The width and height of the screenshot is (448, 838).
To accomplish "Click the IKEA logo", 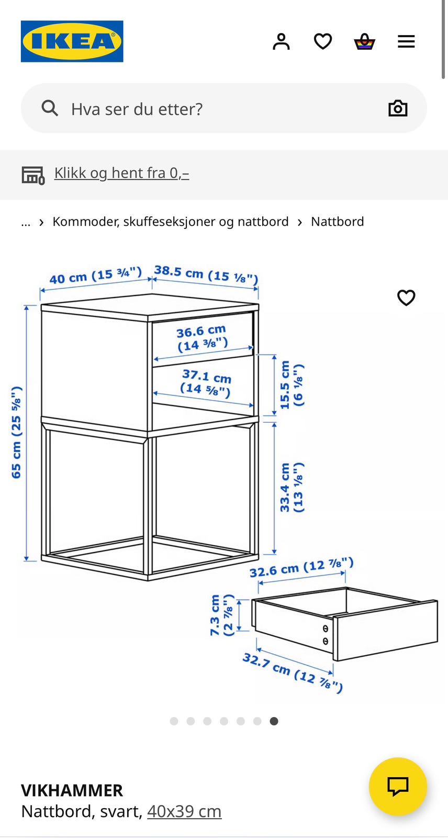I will (x=72, y=41).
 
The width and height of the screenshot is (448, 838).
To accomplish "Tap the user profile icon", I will (x=281, y=41).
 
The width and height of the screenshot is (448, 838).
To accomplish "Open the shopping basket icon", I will (x=364, y=41).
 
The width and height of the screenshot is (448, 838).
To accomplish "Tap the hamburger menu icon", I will (x=406, y=41).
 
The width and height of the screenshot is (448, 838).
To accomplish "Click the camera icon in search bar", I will (x=398, y=108).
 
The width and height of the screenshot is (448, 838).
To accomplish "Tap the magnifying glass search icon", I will (x=50, y=108).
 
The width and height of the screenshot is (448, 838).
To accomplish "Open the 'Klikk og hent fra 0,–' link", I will (x=121, y=173).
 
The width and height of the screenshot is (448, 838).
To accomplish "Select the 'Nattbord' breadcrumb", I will (x=337, y=222).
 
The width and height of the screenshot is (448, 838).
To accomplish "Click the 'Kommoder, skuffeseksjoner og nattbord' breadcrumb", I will (x=170, y=222).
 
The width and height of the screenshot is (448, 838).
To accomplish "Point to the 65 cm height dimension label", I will (x=17, y=432).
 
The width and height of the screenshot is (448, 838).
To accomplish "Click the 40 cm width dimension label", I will (x=95, y=275).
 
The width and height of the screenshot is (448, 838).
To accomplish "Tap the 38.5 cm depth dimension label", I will (x=206, y=274).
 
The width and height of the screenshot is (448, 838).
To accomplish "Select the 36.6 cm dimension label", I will (x=202, y=338).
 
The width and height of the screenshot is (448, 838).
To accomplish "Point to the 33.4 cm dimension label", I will (x=291, y=487).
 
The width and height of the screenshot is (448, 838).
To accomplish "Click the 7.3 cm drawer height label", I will (x=221, y=615).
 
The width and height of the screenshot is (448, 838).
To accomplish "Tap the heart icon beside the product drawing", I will (x=406, y=297).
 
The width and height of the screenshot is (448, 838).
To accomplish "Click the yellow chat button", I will (x=398, y=786).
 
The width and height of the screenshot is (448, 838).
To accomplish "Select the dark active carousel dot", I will (x=274, y=721).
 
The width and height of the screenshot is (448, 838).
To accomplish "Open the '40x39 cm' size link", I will (x=184, y=811).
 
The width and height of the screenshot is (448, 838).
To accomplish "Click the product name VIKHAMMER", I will (x=72, y=790).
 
